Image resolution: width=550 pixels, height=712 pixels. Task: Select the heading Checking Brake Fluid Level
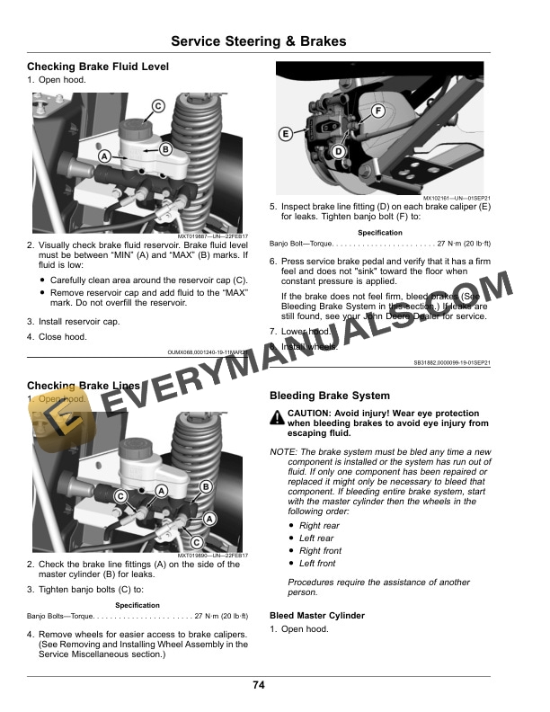coord(98,67)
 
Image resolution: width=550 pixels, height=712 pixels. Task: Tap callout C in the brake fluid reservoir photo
coord(156,106)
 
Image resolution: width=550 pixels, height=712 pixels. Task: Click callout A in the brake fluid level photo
coord(104,156)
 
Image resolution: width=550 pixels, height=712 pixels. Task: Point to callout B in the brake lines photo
coord(205,486)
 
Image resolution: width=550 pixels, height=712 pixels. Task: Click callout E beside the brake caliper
coord(285,134)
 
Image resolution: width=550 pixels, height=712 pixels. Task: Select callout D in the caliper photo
coord(338,152)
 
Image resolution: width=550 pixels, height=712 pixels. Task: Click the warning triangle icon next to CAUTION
coord(277,417)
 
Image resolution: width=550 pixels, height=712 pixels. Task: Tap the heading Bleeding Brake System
coord(330,396)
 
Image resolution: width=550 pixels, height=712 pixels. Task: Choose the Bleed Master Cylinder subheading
coord(317,616)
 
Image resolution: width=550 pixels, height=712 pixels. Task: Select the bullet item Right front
coord(320,551)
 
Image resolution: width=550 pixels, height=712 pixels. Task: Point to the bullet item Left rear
coord(316,538)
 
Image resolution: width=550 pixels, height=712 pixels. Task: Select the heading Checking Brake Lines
coord(84,386)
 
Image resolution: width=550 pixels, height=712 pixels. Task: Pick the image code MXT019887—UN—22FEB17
coord(209,236)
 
